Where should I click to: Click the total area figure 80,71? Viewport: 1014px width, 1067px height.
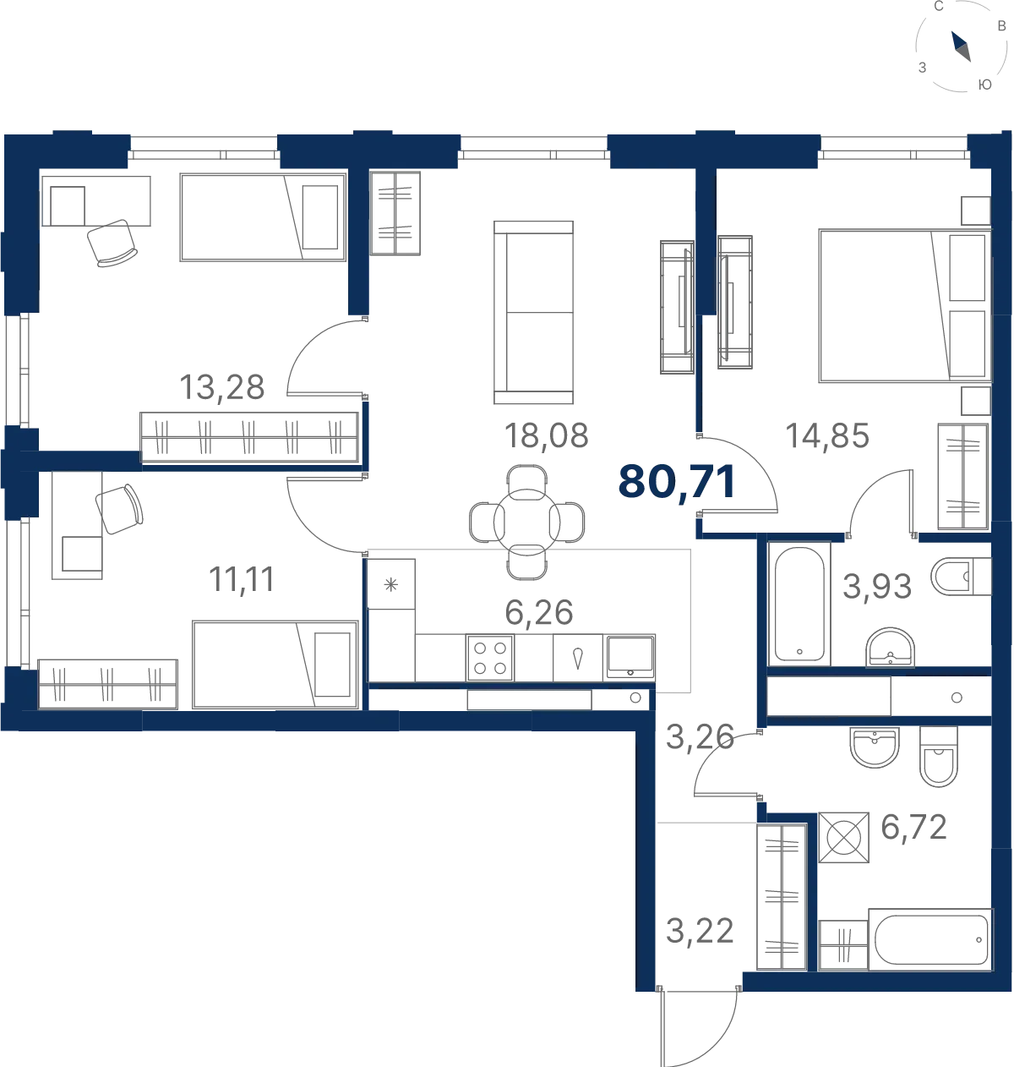[677, 482]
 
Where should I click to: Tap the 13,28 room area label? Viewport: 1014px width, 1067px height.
[221, 387]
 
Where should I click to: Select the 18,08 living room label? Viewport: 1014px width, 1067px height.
[546, 435]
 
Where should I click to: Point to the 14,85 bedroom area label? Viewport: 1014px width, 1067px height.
[826, 435]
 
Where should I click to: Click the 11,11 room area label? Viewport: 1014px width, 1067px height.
[242, 579]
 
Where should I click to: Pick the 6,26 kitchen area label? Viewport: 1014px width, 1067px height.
[538, 612]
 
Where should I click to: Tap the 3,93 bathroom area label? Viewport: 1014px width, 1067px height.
[877, 586]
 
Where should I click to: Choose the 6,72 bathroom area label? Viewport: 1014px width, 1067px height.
[913, 827]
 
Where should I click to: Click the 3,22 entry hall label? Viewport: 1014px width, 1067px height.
[700, 932]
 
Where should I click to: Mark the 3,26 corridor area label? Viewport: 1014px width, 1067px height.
[700, 737]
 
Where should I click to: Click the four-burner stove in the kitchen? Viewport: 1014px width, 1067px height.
[490, 657]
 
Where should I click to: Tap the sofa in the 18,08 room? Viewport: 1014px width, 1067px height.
[533, 312]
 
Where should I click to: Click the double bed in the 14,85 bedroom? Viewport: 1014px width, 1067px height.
[904, 305]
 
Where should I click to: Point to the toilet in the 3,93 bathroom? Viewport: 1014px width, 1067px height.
[961, 576]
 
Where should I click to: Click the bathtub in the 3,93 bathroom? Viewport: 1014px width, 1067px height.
[799, 604]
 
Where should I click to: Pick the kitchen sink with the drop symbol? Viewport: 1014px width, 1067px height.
[578, 657]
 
